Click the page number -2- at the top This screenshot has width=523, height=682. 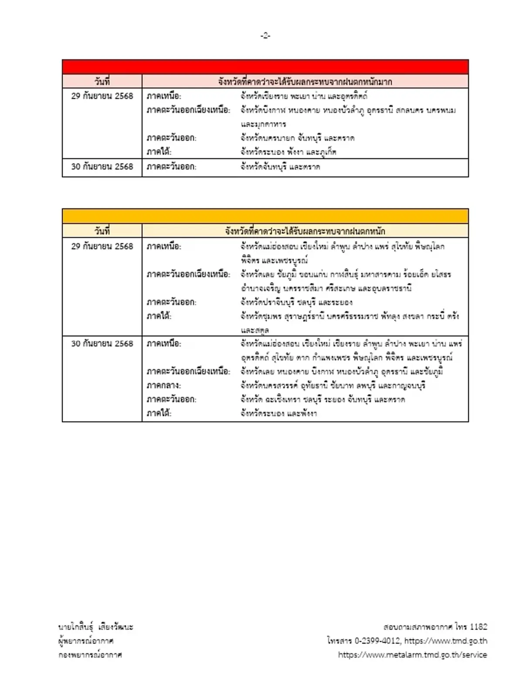265,36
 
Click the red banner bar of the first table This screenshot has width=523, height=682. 265,67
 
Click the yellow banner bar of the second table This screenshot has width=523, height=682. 265,216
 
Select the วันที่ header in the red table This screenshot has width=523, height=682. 102,81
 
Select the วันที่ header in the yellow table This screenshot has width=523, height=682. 102,231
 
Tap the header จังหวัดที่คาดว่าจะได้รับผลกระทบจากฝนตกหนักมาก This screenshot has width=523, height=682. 305,81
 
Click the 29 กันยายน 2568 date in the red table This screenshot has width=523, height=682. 102,96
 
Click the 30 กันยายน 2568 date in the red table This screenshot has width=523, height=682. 102,166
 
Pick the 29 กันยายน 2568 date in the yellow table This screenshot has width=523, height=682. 102,246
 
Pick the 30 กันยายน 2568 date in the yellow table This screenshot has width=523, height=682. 102,343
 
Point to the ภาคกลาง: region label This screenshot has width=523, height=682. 164,385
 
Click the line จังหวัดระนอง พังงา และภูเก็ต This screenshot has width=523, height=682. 288,152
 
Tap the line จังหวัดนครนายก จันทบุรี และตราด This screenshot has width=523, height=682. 297,138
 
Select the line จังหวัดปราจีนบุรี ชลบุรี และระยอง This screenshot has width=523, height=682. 296,302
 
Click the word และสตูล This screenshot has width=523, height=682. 255,330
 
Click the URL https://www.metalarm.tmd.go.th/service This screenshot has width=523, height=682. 412,655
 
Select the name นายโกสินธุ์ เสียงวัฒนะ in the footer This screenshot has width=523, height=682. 96,627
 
